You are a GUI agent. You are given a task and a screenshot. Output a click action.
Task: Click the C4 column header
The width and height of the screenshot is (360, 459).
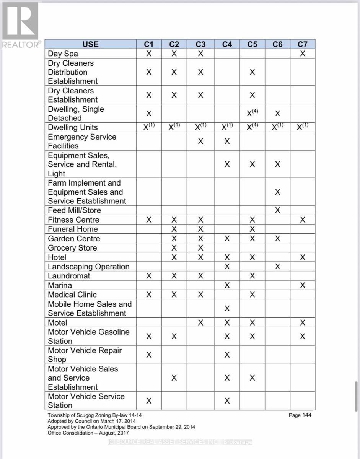[227, 44]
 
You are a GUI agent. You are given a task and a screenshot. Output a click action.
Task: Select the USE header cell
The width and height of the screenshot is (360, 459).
[90, 44]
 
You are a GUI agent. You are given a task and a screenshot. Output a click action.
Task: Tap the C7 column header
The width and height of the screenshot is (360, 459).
[302, 44]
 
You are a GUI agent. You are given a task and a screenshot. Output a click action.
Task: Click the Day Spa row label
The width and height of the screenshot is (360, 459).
[63, 54]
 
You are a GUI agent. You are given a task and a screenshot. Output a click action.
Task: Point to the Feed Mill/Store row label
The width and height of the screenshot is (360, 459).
[74, 210]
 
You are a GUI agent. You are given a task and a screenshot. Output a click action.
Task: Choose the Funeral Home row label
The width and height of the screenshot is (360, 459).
[73, 229]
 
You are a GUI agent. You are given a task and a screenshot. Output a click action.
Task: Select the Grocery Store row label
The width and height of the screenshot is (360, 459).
[72, 248]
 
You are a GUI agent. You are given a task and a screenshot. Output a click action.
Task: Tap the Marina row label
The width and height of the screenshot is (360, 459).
[60, 285]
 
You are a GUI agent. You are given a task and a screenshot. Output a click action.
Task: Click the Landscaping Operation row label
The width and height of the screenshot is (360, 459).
[88, 267]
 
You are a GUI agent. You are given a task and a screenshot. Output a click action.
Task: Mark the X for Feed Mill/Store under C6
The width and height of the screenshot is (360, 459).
[278, 210]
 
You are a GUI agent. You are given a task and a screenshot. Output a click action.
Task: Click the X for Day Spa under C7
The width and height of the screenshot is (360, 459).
[302, 54]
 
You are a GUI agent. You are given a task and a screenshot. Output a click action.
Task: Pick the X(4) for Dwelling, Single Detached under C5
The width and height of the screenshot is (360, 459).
[252, 113]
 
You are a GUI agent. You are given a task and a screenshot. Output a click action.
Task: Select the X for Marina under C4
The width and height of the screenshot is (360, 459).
[227, 285]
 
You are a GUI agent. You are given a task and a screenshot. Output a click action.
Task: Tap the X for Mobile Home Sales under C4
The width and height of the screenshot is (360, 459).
[227, 309]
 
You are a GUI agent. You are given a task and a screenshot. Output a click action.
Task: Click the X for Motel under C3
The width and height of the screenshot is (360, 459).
[200, 323]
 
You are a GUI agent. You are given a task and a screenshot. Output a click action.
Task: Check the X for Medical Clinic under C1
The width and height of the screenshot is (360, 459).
[149, 295]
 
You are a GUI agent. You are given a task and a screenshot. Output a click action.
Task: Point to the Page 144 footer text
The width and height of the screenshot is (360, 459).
[300, 415]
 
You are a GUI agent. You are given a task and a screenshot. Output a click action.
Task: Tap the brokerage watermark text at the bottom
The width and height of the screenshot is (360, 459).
[180, 442]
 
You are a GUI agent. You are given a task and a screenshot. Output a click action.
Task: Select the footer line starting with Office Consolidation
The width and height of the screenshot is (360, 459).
[88, 433]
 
